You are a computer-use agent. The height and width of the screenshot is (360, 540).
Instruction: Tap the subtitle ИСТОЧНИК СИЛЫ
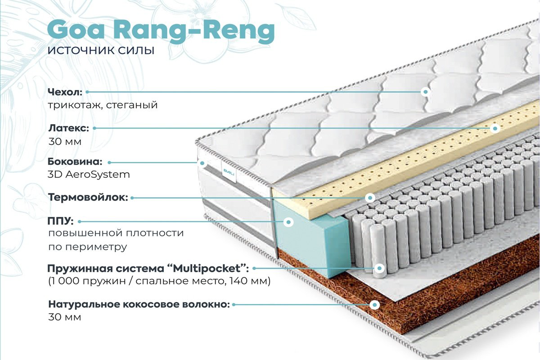pyautogui.click(x=101, y=50)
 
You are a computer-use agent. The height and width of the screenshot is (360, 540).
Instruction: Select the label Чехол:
pyautogui.click(x=65, y=92)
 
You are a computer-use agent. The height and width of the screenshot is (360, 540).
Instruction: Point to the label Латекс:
pyautogui.click(x=69, y=128)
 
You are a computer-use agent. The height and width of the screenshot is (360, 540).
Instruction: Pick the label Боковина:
pyautogui.click(x=75, y=162)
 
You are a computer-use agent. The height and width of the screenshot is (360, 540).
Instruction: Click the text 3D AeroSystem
pyautogui.click(x=89, y=174)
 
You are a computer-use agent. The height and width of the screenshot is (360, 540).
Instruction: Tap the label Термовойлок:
pyautogui.click(x=88, y=197)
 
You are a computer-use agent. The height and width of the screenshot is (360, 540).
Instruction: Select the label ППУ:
pyautogui.click(x=60, y=221)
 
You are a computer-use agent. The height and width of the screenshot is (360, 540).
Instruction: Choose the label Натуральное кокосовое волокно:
pyautogui.click(x=139, y=304)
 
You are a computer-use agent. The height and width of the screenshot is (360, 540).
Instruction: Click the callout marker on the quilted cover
pyautogui.click(x=426, y=92)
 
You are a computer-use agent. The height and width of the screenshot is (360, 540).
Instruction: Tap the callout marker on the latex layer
pyautogui.click(x=495, y=129)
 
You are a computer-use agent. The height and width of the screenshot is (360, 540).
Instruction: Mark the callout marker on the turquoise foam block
pyautogui.click(x=288, y=222)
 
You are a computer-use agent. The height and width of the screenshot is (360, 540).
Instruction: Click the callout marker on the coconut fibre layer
pyautogui.click(x=374, y=305)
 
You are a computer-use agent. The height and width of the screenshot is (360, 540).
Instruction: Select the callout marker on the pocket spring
pyautogui.click(x=379, y=268)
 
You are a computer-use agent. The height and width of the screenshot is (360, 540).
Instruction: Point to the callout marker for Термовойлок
pyautogui.click(x=370, y=198)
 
